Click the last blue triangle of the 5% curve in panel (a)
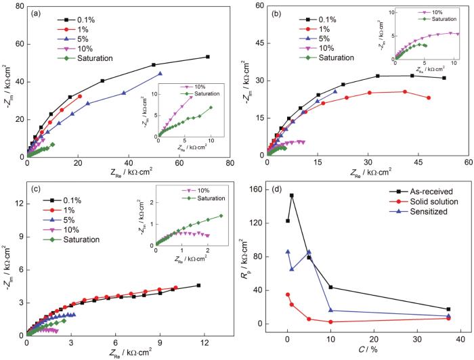(160, 73)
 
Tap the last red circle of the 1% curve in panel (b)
(429, 98)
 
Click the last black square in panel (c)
(198, 286)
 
